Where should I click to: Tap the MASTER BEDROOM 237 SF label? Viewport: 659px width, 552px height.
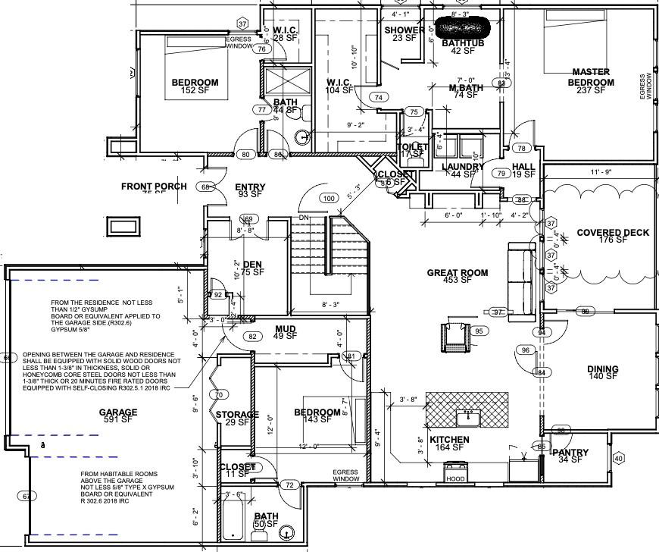[x=592, y=82]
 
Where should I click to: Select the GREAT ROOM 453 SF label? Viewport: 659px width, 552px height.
[x=457, y=277]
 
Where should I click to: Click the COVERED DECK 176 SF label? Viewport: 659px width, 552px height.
[x=613, y=237]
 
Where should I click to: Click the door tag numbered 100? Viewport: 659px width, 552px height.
[x=328, y=199]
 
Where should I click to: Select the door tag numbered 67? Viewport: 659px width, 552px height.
[x=29, y=496]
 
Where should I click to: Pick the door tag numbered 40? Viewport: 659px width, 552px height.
[x=618, y=458]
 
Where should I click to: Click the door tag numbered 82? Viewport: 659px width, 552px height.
[x=253, y=337]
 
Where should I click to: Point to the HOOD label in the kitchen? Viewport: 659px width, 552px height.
[x=454, y=479]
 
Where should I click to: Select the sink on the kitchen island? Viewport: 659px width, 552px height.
[x=467, y=416]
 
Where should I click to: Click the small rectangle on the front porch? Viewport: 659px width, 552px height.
[x=124, y=225]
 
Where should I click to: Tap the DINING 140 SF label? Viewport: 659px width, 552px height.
[x=603, y=374]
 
